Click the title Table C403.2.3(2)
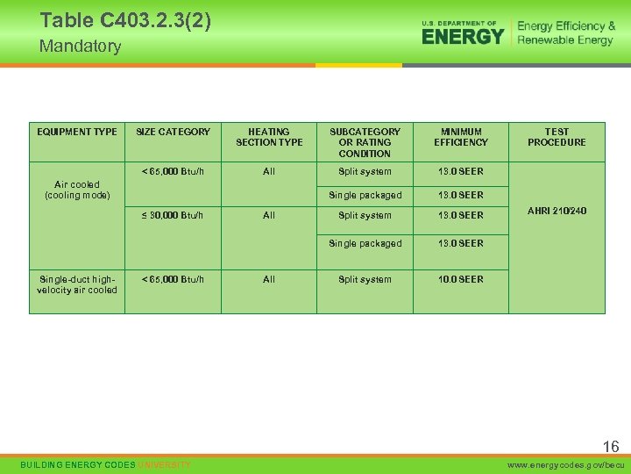pyautogui.click(x=125, y=20)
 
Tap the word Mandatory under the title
pyautogui.click(x=80, y=47)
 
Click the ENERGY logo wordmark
pyautogui.click(x=463, y=36)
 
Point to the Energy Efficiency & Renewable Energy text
pyautogui.click(x=566, y=33)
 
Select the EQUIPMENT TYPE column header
pyautogui.click(x=77, y=132)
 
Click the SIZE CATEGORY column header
pyautogui.click(x=173, y=132)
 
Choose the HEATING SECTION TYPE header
pyautogui.click(x=269, y=137)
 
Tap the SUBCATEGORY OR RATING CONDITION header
pyautogui.click(x=365, y=142)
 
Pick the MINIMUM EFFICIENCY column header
pyautogui.click(x=461, y=137)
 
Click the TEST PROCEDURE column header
pyautogui.click(x=557, y=137)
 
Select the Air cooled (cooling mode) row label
pyautogui.click(x=77, y=190)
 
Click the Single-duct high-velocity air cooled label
pyautogui.click(x=77, y=284)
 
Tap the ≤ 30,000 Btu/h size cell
pyautogui.click(x=173, y=215)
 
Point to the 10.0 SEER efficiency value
pyautogui.click(x=461, y=279)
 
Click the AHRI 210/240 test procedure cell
pyautogui.click(x=557, y=211)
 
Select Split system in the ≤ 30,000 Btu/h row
pyautogui.click(x=365, y=215)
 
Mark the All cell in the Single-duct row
pyautogui.click(x=269, y=279)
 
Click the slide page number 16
pyautogui.click(x=610, y=447)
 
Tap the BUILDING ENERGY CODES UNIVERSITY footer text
pyautogui.click(x=104, y=464)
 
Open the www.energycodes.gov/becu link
pyautogui.click(x=568, y=464)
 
